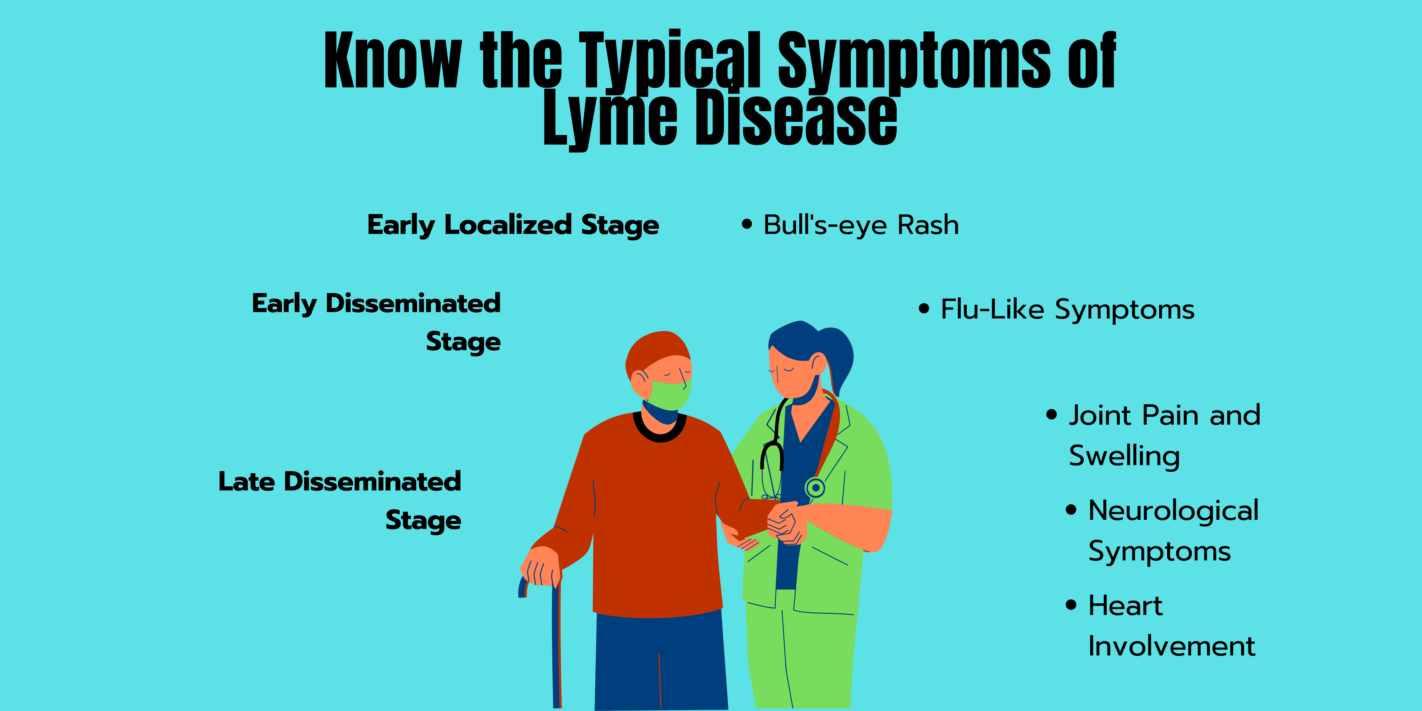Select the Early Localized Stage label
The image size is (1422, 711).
[513, 225]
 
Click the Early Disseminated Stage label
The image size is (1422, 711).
[376, 322]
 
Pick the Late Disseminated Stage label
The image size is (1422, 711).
[339, 501]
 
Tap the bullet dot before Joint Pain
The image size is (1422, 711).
[1052, 415]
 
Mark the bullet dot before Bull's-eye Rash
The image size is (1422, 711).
[747, 224]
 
